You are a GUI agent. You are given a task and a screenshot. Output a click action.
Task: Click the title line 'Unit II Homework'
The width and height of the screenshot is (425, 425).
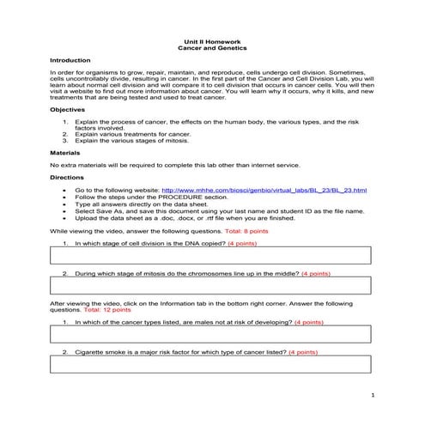pos(211,40)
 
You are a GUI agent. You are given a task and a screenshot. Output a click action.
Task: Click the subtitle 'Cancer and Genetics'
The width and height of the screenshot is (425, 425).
pos(211,47)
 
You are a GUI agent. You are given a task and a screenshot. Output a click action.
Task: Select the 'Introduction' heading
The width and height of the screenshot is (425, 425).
pos(70,61)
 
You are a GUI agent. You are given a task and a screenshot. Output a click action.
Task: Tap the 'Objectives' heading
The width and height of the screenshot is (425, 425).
pos(67,111)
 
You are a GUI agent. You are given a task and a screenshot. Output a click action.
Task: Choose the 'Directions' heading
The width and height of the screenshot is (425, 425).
pos(67,177)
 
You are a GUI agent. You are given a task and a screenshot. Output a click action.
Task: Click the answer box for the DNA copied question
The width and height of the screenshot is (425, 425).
pos(211,256)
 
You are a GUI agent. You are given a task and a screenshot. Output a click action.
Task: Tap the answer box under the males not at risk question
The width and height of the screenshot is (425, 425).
pos(211,334)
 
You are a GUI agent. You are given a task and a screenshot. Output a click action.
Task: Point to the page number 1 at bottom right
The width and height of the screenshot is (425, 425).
pos(373,395)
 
